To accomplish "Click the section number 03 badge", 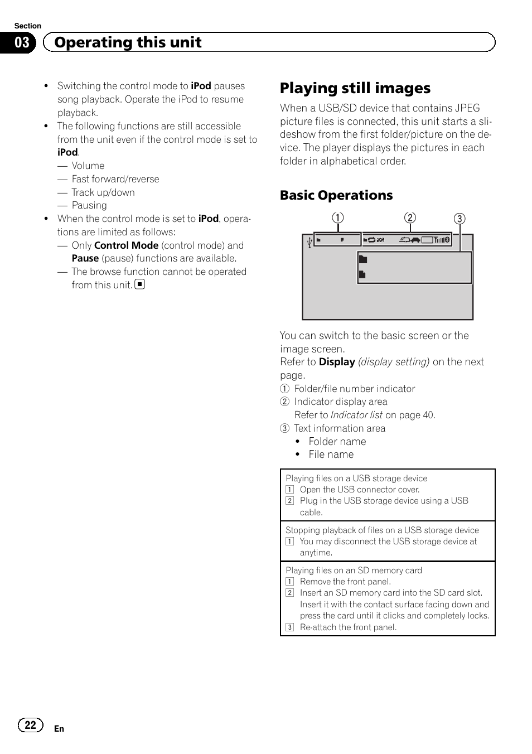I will point(21,42).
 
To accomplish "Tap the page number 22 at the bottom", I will point(31,724).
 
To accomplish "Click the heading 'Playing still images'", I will point(355,88).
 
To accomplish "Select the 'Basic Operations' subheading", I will point(336,195).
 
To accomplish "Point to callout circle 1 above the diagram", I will point(338,218).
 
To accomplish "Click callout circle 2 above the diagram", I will point(410,217).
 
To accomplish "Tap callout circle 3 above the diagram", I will point(459,219).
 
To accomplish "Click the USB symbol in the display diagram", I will point(309,242).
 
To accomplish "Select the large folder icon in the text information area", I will point(363,259).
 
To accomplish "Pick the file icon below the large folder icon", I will point(362,274).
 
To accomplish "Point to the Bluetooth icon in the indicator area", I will point(446,240).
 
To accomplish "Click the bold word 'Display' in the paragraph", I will point(337,362).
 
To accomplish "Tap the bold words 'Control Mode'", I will point(126,245).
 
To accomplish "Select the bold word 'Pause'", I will point(85,258).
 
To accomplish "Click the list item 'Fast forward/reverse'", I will point(115,179).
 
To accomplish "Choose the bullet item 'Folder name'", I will point(337,442).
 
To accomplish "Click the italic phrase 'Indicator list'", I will point(356,415).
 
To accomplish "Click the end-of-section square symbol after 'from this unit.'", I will point(140,284).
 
